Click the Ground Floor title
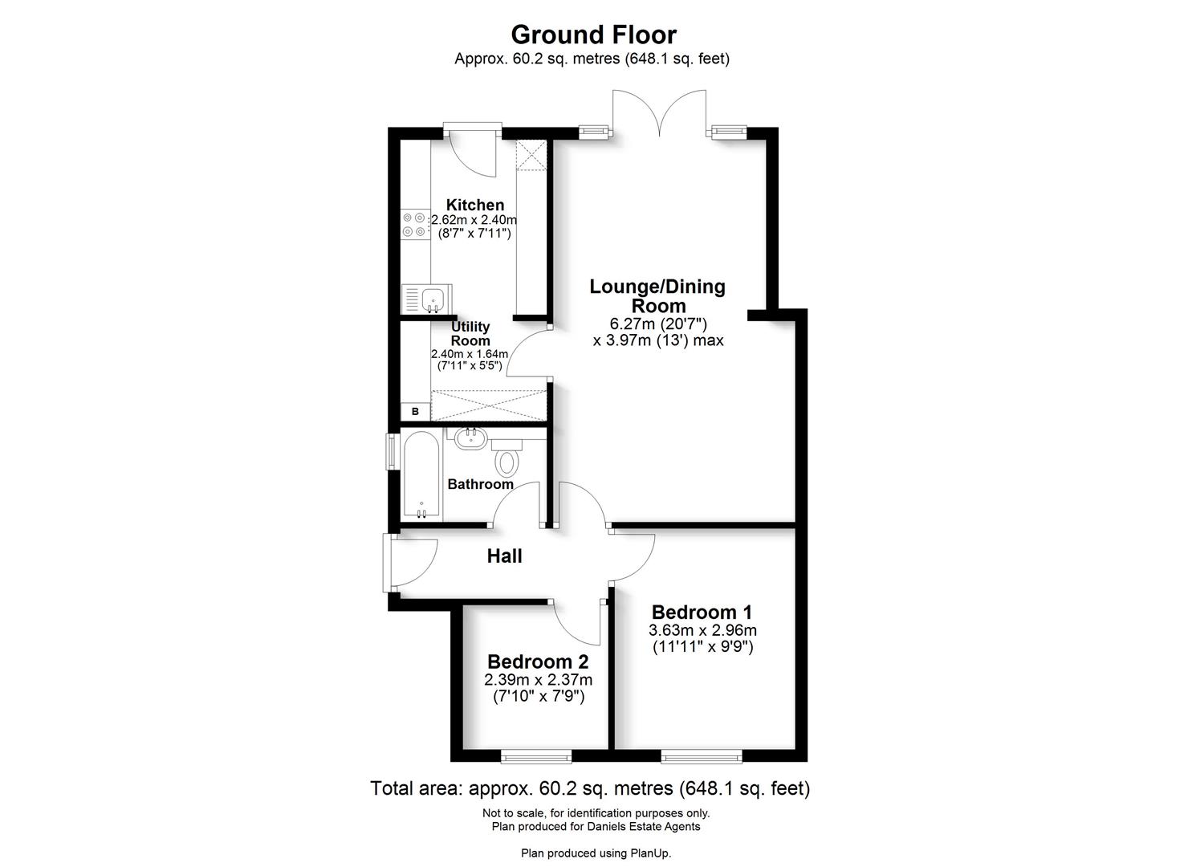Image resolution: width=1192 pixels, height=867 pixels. [593, 35]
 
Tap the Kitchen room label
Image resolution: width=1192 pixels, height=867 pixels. [475, 205]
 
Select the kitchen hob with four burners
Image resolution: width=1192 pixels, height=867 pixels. [415, 224]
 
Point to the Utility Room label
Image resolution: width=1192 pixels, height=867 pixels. [470, 333]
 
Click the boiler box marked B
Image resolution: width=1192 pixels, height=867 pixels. [415, 412]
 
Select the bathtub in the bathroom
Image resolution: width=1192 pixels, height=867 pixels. [421, 475]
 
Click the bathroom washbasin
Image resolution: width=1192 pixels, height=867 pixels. [469, 438]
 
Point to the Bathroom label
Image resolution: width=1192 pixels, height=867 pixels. [480, 484]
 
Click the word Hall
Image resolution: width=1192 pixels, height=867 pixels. [504, 556]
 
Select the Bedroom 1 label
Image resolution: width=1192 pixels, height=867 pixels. [702, 613]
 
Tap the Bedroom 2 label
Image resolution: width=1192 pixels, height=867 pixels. [538, 662]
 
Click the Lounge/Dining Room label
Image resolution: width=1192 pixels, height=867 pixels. [657, 295]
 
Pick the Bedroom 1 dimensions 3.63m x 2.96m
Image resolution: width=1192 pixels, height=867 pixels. [702, 630]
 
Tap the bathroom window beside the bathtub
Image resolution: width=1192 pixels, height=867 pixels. [391, 451]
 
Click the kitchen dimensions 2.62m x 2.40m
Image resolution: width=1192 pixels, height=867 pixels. [474, 220]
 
